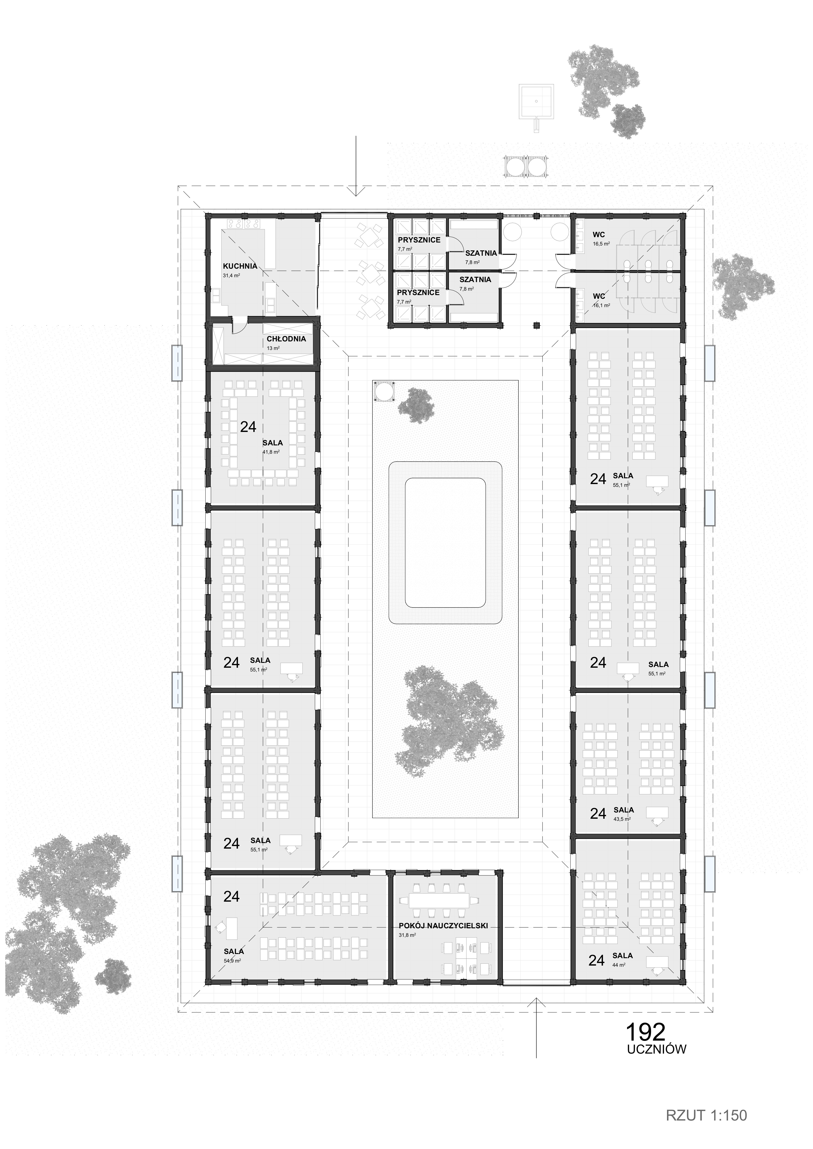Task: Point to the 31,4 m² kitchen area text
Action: coord(231,275)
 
